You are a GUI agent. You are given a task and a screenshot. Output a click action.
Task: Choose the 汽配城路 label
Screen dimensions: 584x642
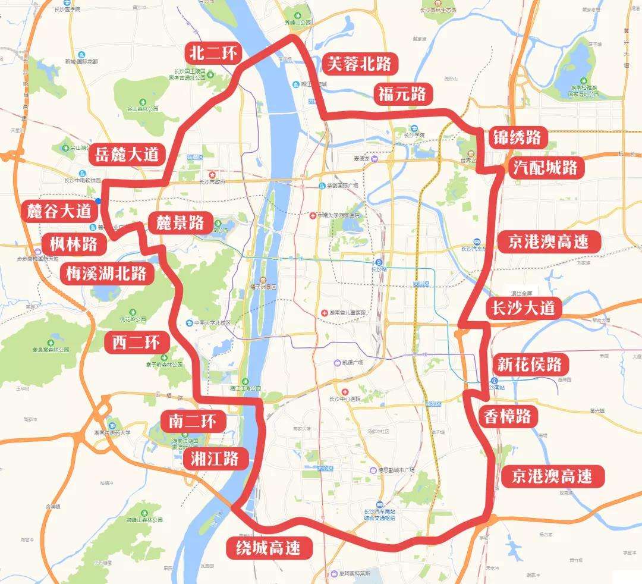pos(545,168)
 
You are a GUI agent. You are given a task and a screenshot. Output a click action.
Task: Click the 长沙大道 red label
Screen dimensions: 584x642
pos(524,307)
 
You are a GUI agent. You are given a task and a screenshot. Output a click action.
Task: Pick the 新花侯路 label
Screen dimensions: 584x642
pos(529,363)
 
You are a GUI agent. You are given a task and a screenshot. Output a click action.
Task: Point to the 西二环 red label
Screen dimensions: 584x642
pos(136,342)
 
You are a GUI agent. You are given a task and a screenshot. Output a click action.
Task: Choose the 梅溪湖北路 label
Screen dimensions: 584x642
pos(106,274)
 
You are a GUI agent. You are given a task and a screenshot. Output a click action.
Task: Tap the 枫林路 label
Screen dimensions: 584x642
pos(74,243)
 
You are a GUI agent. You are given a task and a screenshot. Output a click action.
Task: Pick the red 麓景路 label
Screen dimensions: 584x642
pos(180,223)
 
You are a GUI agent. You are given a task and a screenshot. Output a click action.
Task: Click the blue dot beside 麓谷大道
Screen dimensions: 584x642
pos(98,202)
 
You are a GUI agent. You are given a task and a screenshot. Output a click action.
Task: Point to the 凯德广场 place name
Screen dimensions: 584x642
pos(348,363)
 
